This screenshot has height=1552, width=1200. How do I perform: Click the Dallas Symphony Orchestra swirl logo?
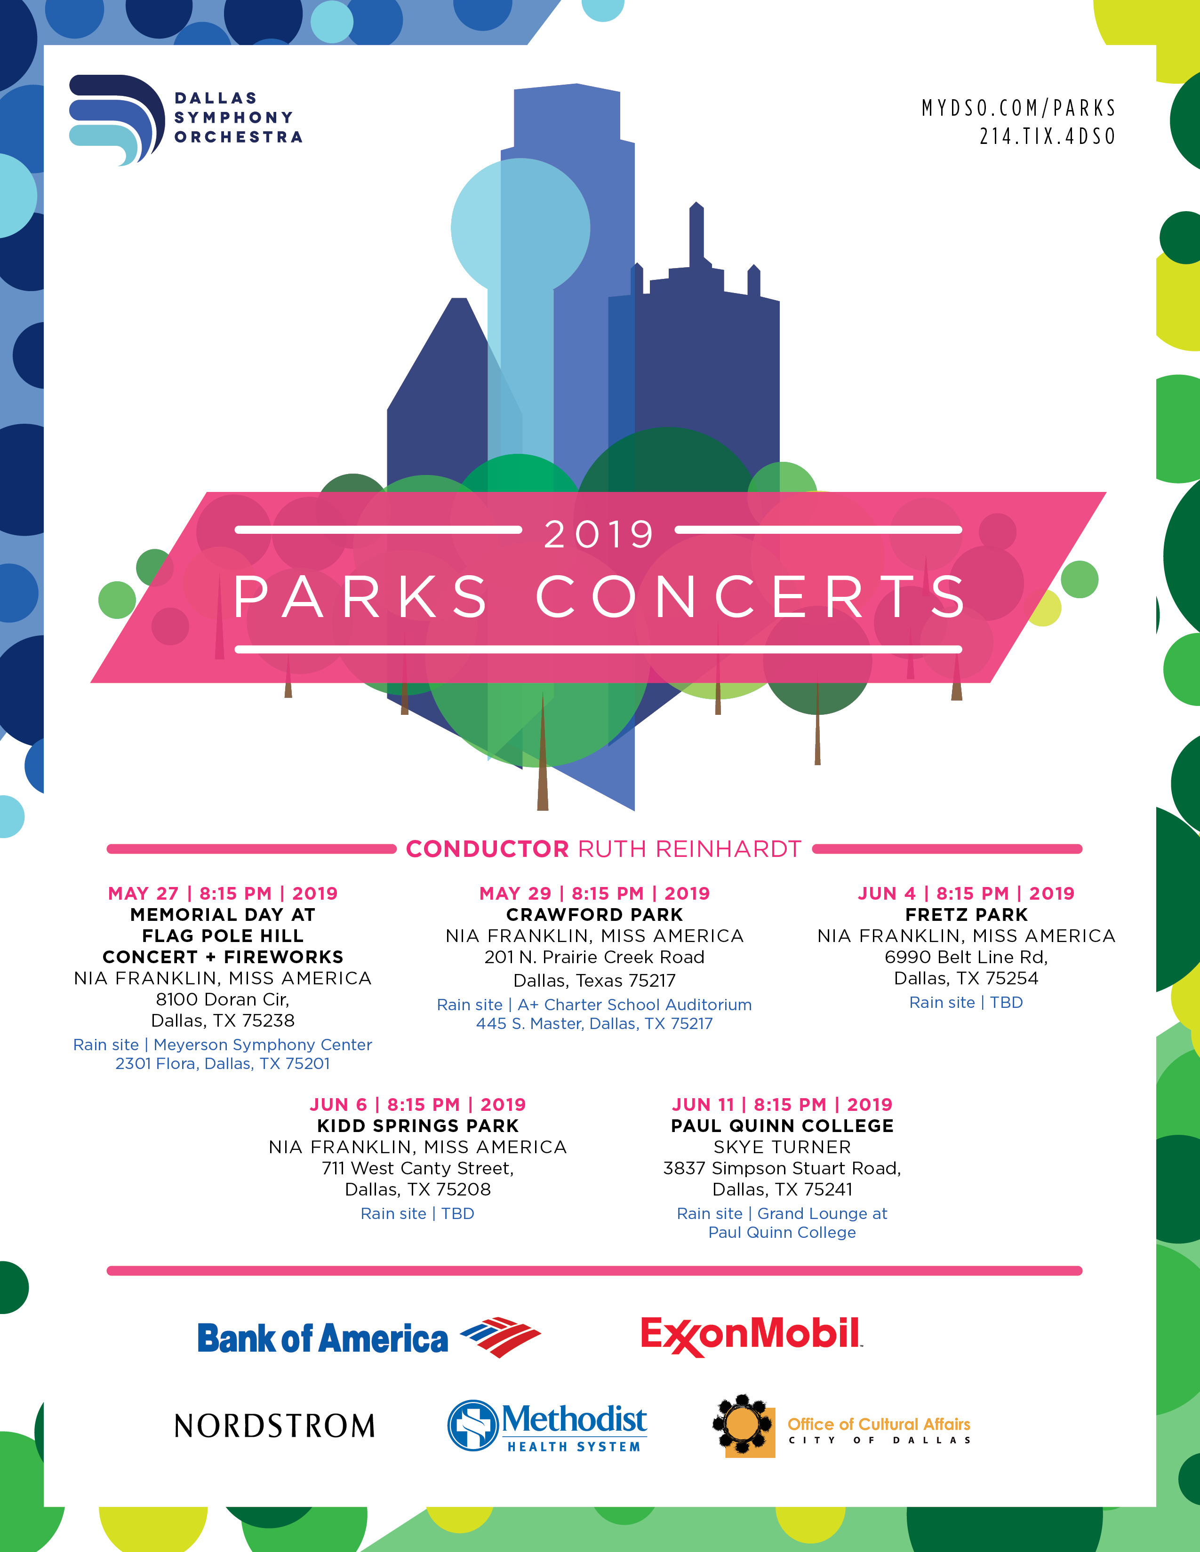pyautogui.click(x=117, y=119)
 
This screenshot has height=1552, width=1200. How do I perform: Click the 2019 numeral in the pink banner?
pyautogui.click(x=599, y=534)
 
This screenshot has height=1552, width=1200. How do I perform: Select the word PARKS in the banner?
pyautogui.click(x=360, y=596)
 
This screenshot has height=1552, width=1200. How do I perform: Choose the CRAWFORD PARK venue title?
pyautogui.click(x=594, y=915)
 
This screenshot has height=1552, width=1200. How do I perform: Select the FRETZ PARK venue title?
pyautogui.click(x=966, y=915)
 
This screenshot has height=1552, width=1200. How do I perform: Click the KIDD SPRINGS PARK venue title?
pyautogui.click(x=418, y=1125)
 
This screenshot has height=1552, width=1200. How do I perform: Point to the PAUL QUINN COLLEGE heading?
pyautogui.click(x=782, y=1125)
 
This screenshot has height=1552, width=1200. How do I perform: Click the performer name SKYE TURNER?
pyautogui.click(x=782, y=1147)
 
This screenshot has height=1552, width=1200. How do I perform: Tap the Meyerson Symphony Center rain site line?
pyautogui.click(x=223, y=1045)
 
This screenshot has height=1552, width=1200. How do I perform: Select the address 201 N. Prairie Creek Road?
pyautogui.click(x=594, y=957)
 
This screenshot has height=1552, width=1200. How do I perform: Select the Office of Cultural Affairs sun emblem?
pyautogui.click(x=743, y=1425)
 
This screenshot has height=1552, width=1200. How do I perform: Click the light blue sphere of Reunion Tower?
pyautogui.click(x=520, y=228)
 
